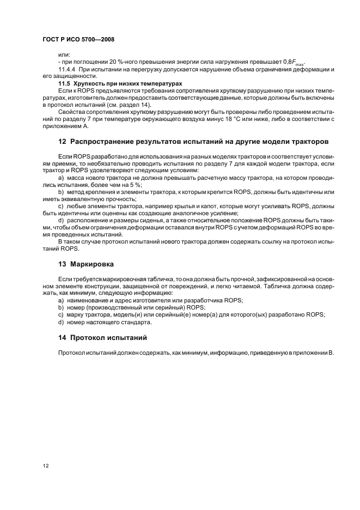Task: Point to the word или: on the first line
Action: click(64, 55)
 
